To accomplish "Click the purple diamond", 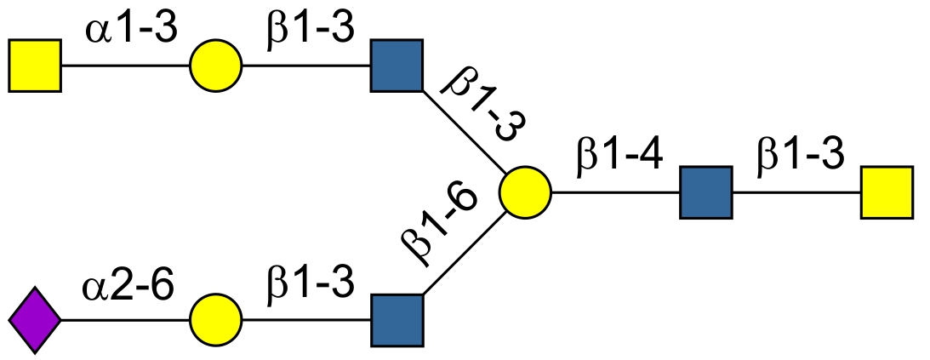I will tap(35, 320).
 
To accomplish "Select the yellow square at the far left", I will tap(35, 65).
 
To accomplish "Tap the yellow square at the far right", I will tap(887, 192).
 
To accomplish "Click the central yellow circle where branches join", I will tap(525, 192).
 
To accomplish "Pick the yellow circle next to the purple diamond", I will tap(216, 320).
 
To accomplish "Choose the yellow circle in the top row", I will tap(216, 65).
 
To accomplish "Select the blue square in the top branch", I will tap(397, 65).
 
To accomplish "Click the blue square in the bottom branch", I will tap(397, 320).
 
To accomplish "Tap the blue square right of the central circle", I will tap(705, 192).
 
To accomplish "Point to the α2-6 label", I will tap(129, 288).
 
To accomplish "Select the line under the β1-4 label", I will tap(615, 192).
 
